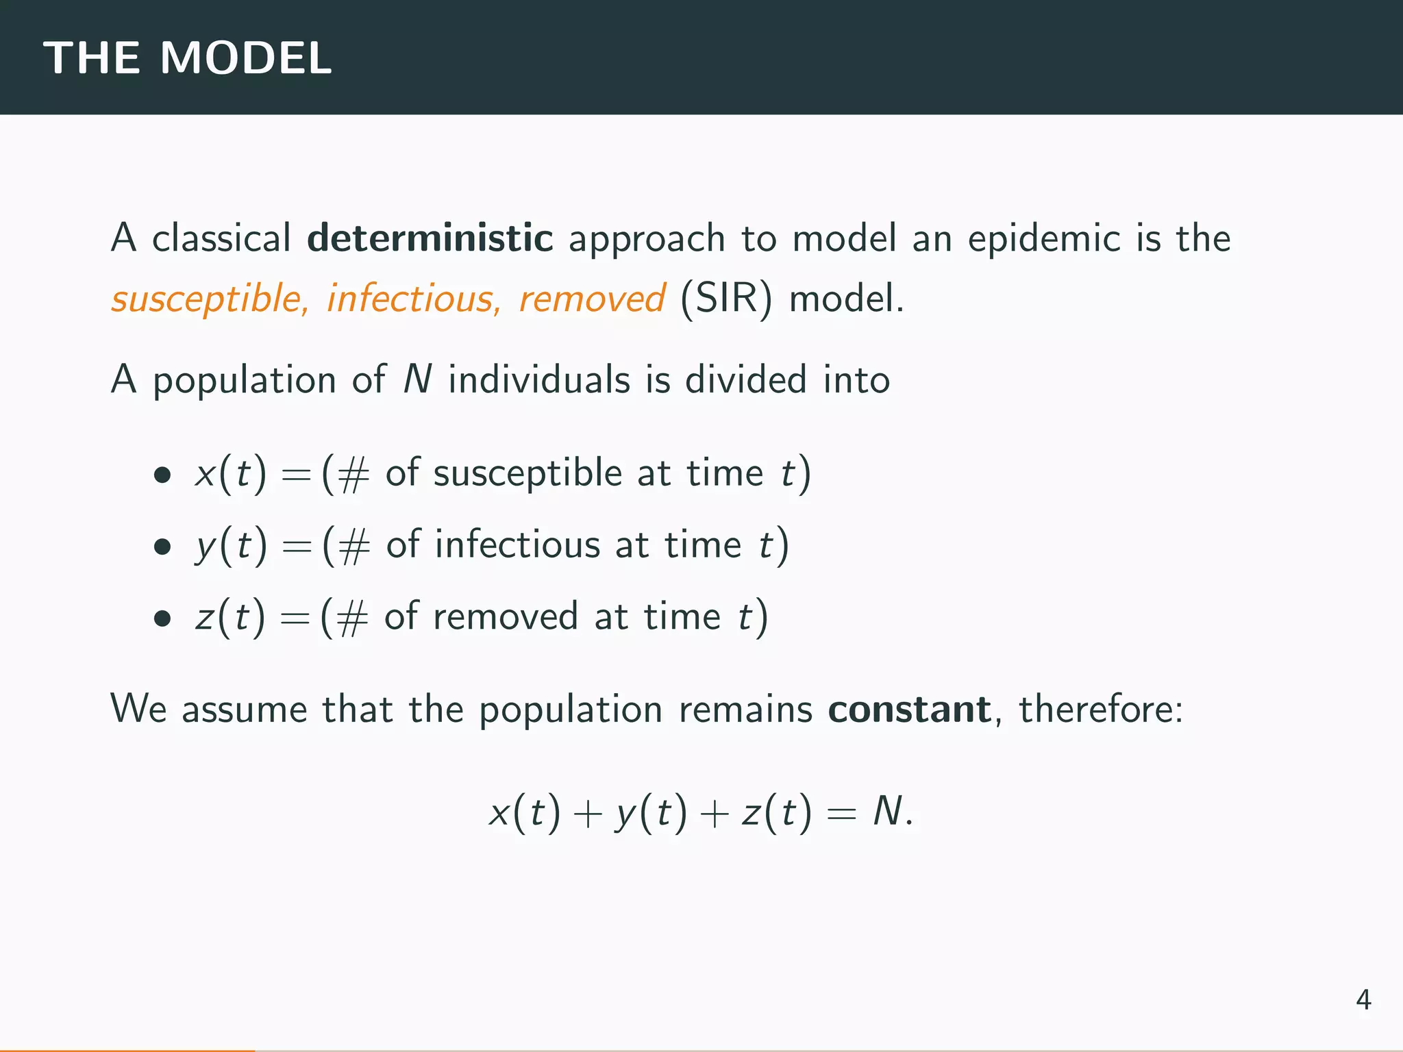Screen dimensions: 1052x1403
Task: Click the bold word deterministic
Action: pos(430,238)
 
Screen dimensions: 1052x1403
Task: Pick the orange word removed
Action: pos(591,299)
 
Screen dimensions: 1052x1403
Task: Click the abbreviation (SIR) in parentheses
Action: pos(726,299)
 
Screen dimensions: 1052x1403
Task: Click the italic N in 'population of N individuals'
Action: pos(417,379)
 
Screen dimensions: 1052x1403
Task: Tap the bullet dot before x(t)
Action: pos(162,474)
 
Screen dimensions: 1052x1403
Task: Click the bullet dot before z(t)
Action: pos(162,618)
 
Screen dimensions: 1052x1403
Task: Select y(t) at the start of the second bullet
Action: pos(231,546)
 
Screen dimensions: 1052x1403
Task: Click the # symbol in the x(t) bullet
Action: pos(353,475)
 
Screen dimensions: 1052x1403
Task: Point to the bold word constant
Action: pos(909,709)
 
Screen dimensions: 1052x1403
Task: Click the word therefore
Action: pos(1100,709)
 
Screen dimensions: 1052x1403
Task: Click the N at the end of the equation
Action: pos(888,813)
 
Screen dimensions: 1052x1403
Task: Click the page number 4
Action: pos(1363,1001)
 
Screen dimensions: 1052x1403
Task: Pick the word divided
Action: pos(745,379)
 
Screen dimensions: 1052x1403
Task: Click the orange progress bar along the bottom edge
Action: pos(127,1049)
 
